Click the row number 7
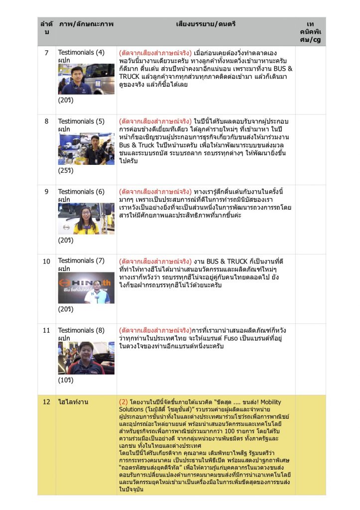click(x=46, y=52)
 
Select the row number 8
click(x=46, y=121)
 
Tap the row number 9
click(x=46, y=191)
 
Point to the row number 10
click(x=46, y=261)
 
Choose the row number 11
click(x=46, y=330)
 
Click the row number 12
click(x=46, y=402)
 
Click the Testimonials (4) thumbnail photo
click(x=86, y=79)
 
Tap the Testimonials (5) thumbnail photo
click(x=86, y=148)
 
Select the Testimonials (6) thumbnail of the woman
click(x=86, y=218)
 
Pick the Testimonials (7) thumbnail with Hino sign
click(x=86, y=288)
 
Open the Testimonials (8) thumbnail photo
click(x=86, y=358)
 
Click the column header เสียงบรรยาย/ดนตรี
click(x=206, y=24)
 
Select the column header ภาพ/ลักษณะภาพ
click(x=86, y=24)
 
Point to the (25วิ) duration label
click(x=65, y=170)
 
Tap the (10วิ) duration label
click(x=65, y=380)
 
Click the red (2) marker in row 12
click(x=123, y=402)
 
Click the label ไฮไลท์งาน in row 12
click(x=73, y=402)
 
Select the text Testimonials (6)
click(x=81, y=191)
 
